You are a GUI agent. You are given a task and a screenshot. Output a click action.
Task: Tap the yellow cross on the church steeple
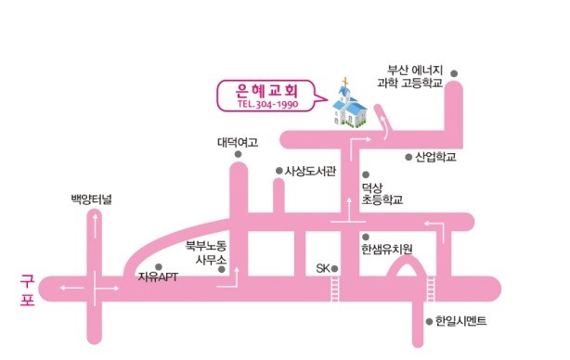point(345,82)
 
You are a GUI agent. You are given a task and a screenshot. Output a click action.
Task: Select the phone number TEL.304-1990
point(268,104)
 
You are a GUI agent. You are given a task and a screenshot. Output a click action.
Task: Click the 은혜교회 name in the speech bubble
point(266,90)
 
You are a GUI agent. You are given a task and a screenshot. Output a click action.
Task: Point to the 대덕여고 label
point(238,142)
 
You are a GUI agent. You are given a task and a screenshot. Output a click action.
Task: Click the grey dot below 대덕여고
point(238,154)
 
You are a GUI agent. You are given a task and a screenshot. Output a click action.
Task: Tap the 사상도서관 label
point(310,171)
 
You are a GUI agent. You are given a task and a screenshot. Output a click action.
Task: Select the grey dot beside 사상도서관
point(279,171)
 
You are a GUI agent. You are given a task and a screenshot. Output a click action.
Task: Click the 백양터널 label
point(91,199)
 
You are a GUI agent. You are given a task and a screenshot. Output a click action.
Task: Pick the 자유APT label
point(158,276)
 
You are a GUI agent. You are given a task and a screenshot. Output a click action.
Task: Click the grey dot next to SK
point(334,269)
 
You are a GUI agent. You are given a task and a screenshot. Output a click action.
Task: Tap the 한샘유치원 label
point(387,250)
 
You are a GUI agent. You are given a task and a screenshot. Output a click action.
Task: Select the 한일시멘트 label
point(461,321)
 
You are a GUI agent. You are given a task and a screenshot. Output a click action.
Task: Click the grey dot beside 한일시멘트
point(429,321)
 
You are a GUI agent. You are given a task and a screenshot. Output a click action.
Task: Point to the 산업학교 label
point(436,157)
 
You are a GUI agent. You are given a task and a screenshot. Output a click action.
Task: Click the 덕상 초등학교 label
point(382,194)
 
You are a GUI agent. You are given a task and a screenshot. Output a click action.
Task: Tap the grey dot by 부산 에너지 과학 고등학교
point(454,73)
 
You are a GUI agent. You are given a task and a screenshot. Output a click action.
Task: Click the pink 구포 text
point(27,289)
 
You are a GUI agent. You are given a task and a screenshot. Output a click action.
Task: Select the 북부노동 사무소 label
point(206,252)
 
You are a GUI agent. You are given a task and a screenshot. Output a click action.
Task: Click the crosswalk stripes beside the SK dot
point(335,289)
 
